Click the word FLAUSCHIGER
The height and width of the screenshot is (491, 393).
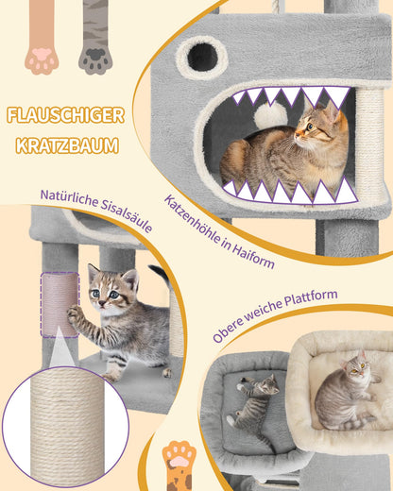[65, 115]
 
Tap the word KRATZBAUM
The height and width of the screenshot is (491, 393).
[67, 145]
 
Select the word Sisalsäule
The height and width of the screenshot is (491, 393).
[127, 216]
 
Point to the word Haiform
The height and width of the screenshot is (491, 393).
[253, 256]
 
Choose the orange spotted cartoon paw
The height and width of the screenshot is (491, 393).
[179, 466]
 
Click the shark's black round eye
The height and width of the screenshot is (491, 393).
[202, 57]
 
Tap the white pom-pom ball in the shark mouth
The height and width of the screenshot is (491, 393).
[271, 114]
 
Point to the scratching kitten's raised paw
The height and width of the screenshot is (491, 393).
[74, 313]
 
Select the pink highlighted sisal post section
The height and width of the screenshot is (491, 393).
[60, 305]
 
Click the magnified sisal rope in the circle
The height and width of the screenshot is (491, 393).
[67, 427]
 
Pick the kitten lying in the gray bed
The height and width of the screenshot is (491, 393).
[253, 406]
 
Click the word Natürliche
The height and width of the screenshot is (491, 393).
[69, 198]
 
